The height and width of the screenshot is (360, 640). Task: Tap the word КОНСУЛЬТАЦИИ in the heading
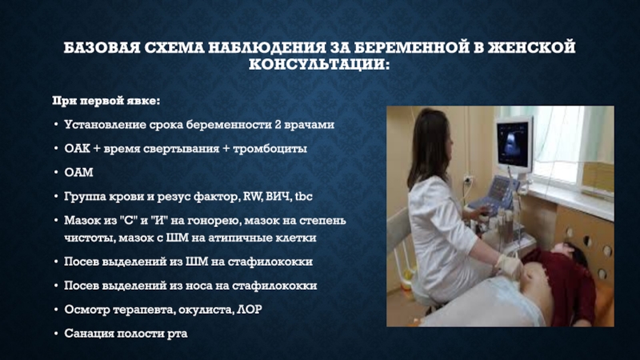coord(319,65)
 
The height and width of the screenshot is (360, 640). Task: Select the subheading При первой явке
coord(106,101)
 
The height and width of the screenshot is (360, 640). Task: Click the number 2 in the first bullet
coord(278,124)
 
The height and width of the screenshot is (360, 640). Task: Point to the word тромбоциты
coord(270,149)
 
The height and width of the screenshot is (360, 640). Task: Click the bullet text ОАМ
coord(78,172)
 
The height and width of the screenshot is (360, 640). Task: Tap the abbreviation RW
coord(252,197)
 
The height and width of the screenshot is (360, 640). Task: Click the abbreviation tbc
coord(304,197)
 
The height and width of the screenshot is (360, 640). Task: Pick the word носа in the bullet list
coord(200,286)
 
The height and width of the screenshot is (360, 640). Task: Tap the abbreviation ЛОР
coord(250,310)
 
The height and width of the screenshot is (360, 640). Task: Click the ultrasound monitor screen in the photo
coord(513,143)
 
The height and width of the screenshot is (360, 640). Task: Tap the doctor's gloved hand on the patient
coord(509,266)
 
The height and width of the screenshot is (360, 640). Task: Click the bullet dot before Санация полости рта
coord(56,334)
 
